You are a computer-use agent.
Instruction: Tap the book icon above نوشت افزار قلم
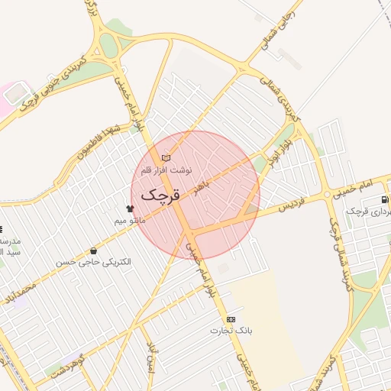click(166, 158)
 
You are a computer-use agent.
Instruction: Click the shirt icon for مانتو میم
click(129, 208)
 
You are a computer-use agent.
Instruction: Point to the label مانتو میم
click(129, 220)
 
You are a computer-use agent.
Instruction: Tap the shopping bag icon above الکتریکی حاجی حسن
click(93, 250)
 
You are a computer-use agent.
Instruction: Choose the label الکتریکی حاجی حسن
click(93, 262)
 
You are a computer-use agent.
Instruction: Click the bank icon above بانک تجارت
click(231, 319)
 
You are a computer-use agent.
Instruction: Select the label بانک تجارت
click(231, 331)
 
